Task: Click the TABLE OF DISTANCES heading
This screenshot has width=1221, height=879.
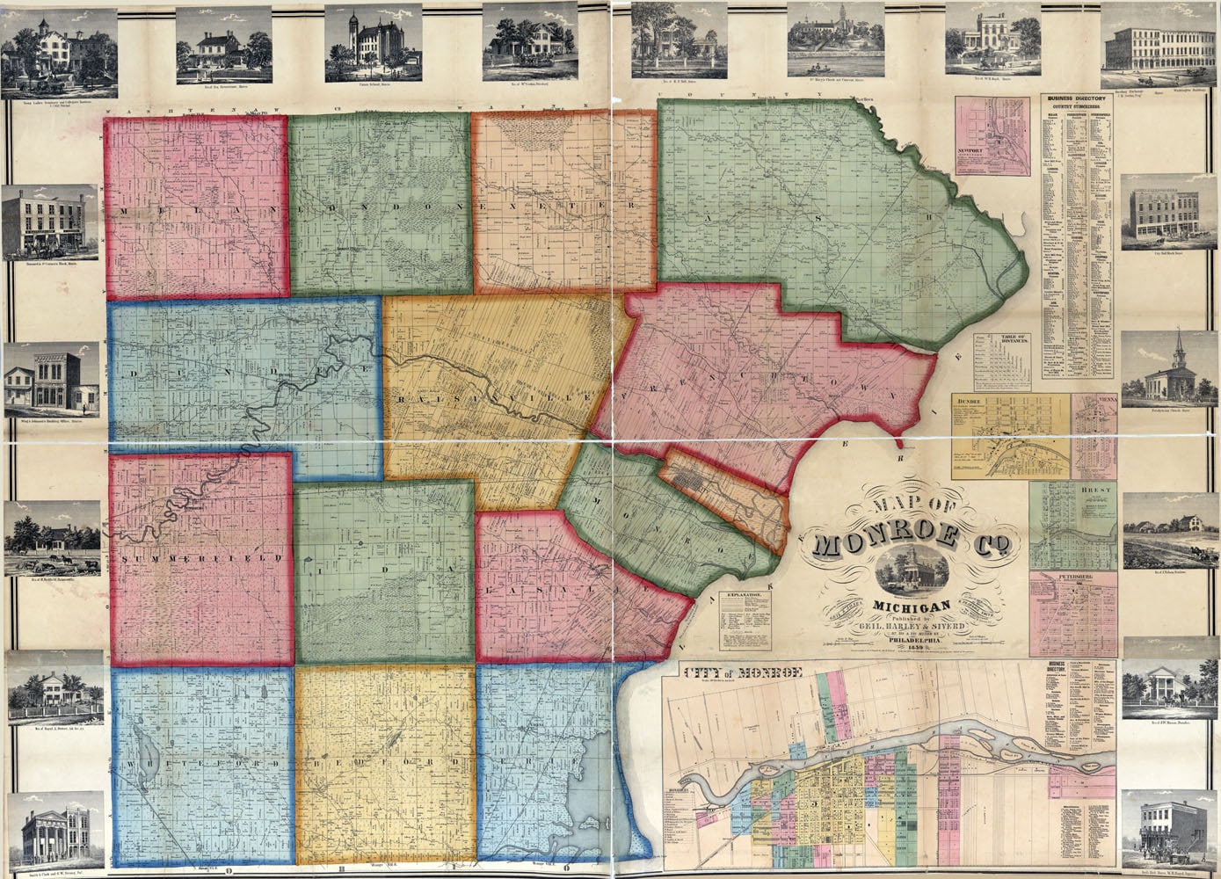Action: point(1005,338)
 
